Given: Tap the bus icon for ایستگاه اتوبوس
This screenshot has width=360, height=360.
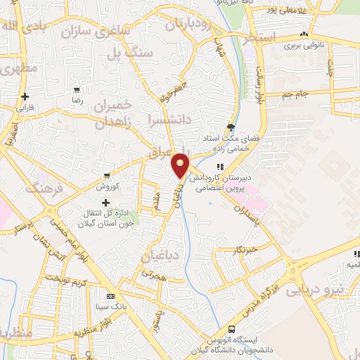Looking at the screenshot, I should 231,329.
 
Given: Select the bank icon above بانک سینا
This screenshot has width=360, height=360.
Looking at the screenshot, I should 110,296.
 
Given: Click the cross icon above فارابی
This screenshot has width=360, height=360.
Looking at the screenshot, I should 25,96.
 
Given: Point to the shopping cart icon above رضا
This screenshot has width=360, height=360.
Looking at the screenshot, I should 77,90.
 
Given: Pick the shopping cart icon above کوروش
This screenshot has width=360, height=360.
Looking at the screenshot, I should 106,175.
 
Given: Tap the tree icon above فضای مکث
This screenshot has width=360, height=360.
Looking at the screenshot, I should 231,127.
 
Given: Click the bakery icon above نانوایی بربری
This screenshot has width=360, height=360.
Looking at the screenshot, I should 304,34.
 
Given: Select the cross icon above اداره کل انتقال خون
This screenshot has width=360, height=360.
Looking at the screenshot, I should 105,202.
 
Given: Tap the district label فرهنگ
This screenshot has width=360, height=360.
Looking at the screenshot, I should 44,189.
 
